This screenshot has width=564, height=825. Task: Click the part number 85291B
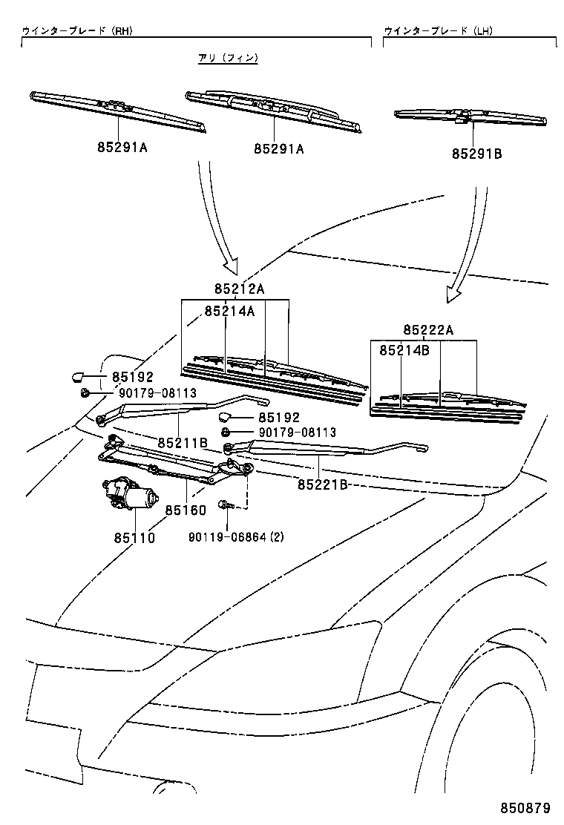[477, 154]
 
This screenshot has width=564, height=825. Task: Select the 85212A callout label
[240, 289]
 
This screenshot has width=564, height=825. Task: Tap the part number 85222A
[428, 330]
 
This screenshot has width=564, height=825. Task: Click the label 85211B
[182, 443]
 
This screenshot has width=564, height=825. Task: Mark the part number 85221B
[323, 484]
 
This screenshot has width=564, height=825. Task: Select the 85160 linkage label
[186, 510]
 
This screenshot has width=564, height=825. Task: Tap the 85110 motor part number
[134, 537]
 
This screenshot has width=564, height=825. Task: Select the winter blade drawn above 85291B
[471, 116]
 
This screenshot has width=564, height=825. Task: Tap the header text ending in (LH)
[439, 30]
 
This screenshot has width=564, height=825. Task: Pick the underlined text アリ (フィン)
[228, 57]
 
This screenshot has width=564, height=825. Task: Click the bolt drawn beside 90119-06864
[224, 505]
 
